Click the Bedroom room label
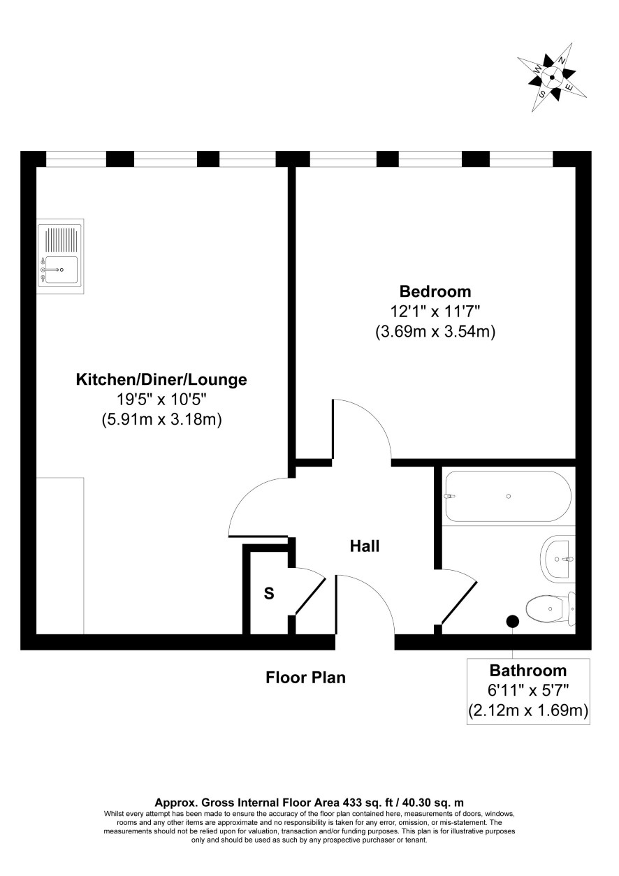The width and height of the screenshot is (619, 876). click(435, 291)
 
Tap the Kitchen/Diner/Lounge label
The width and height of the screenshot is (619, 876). click(161, 379)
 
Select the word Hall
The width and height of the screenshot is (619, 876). click(365, 546)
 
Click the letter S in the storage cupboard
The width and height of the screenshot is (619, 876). click(269, 593)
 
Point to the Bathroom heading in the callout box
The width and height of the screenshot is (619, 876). click(528, 671)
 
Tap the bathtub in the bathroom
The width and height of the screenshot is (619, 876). click(509, 496)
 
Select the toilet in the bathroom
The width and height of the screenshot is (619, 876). click(551, 608)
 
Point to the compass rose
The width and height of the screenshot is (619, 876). click(552, 78)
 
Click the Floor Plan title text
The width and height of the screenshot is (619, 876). click(305, 678)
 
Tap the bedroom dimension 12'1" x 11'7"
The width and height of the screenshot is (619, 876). click(435, 312)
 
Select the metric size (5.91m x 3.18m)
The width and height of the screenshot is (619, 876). click(161, 420)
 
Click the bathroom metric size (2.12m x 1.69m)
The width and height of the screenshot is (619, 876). click(528, 710)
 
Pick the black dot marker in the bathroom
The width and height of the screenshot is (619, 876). click(512, 620)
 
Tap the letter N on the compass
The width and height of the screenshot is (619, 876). click(562, 61)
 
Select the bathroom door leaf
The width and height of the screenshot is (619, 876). click(459, 602)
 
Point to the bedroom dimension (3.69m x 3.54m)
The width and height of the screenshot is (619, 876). click(435, 332)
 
